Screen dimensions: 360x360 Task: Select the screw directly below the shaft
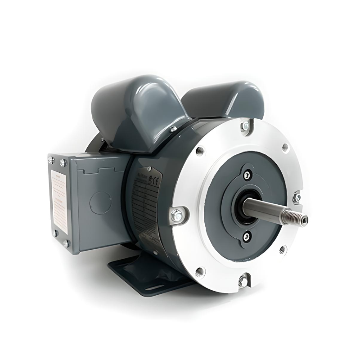tap(246, 236)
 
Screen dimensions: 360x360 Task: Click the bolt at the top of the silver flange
tap(245, 126)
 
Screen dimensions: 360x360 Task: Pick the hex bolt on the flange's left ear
tap(177, 216)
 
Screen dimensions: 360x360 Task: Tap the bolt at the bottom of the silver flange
tap(243, 281)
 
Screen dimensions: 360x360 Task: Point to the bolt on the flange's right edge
tap(297, 197)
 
